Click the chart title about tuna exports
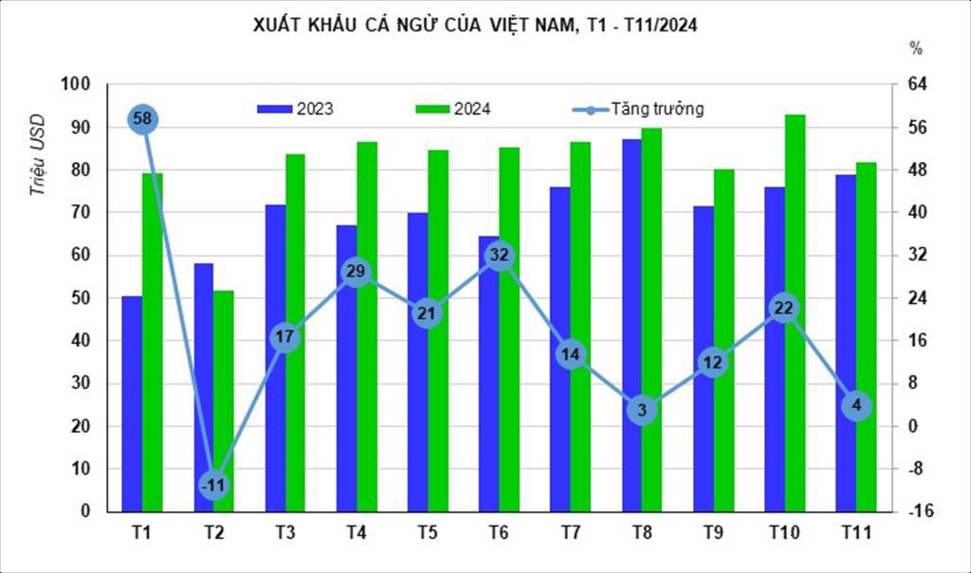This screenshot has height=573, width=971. [475, 27]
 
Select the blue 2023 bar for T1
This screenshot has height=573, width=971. [132, 403]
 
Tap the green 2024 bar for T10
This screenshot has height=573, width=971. [795, 313]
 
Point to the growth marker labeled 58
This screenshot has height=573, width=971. [143, 119]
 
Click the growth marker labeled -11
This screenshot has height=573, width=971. [214, 485]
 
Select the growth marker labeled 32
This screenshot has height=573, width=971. [500, 255]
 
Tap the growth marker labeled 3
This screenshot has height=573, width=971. [642, 410]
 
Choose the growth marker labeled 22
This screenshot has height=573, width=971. [784, 308]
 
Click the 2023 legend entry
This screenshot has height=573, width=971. [295, 109]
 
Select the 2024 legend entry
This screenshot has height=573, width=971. [452, 109]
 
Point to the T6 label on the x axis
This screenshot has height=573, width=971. [500, 533]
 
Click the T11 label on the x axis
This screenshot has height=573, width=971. [856, 533]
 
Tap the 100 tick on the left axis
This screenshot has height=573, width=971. [76, 84]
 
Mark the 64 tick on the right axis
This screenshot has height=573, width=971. [916, 84]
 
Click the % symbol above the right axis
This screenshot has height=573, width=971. [915, 48]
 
